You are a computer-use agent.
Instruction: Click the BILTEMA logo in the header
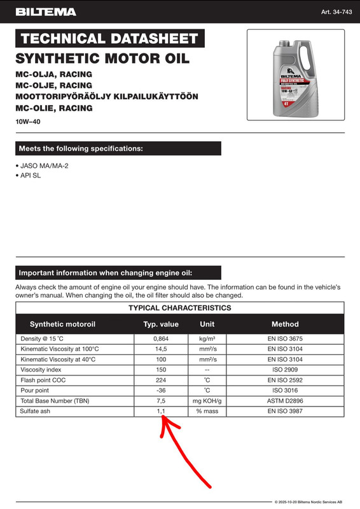point(46,12)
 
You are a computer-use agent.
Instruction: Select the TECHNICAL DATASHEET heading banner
point(109,38)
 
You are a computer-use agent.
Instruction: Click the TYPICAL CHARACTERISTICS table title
point(180,308)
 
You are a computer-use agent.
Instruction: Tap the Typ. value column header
point(161,324)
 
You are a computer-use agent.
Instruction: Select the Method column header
point(285,324)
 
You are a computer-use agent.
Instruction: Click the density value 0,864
point(161,339)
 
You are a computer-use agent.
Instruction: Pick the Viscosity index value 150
point(161,370)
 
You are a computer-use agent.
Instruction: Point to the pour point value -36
point(161,390)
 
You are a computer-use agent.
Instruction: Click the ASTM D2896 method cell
point(285,401)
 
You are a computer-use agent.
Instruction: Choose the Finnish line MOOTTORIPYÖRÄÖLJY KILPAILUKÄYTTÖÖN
point(107,96)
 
